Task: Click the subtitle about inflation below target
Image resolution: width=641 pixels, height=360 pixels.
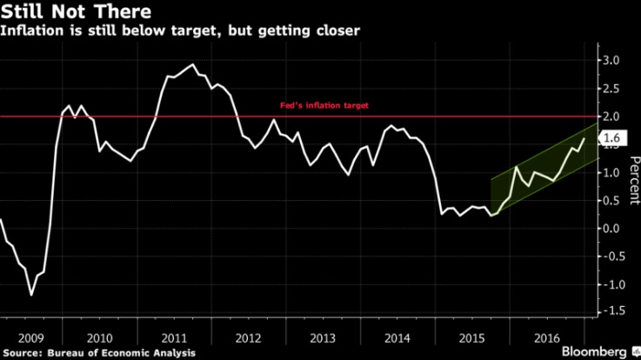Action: [180, 32]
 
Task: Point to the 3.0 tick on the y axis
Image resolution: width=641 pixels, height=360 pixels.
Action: [612, 61]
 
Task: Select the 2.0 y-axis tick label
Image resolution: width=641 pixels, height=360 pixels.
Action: [612, 117]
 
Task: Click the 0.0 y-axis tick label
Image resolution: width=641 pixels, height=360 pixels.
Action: [612, 229]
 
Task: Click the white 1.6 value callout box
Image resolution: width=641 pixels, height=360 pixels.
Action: [612, 137]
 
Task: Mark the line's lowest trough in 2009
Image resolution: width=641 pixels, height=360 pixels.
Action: [32, 295]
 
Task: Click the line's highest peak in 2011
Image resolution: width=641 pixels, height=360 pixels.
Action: [191, 64]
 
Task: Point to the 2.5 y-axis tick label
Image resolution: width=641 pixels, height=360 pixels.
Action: [612, 89]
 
